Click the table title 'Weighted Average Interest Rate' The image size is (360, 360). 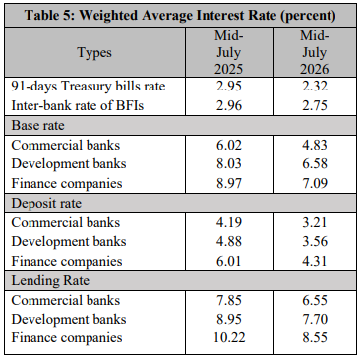178,15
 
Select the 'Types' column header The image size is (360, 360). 94,53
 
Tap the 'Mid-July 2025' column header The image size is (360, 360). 229,52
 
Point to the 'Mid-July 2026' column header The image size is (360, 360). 315,52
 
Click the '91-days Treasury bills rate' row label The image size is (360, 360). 89,87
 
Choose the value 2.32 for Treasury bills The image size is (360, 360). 315,87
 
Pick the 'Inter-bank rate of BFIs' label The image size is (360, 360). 78,105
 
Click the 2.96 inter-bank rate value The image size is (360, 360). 229,105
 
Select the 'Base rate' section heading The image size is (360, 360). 38,125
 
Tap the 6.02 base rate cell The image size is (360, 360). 229,145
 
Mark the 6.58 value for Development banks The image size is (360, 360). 315,163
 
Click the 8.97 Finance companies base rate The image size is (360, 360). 229,183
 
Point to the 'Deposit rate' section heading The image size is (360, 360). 46,204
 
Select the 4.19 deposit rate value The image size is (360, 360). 229,222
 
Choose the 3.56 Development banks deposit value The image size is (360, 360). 315,241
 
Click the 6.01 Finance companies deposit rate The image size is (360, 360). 229,261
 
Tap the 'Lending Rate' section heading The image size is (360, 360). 50,281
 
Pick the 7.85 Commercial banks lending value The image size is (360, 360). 229,300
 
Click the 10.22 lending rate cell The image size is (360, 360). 229,337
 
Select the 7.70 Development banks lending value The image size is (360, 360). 315,319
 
